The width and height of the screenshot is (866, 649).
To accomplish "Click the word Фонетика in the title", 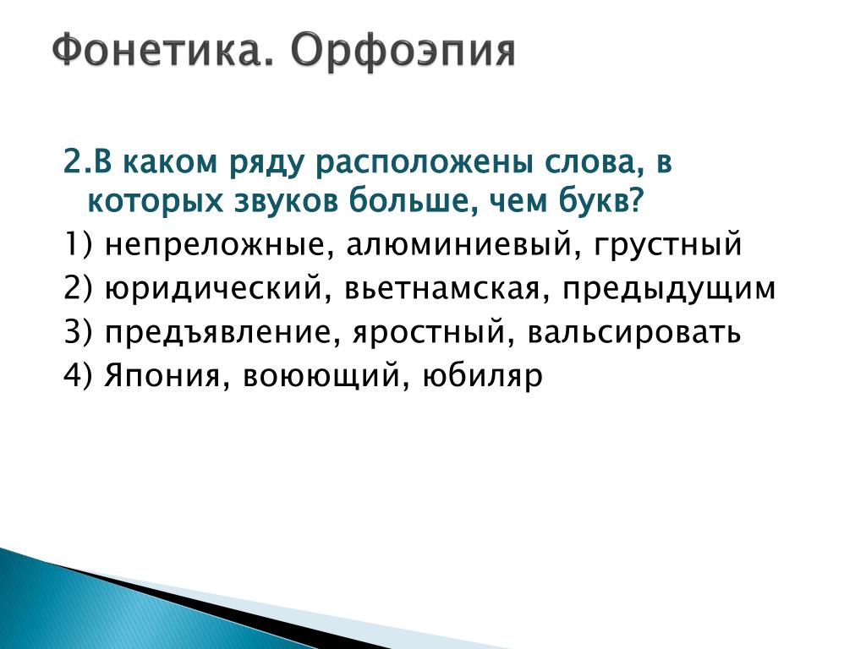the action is point(163,52).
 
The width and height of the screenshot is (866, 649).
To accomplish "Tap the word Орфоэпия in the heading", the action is point(403,52).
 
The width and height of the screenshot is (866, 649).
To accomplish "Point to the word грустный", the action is point(668,245).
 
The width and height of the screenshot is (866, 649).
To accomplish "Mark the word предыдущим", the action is point(669,289).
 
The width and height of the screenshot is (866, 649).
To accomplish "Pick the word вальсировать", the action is point(634,332).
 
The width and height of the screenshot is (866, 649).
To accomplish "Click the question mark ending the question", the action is point(637,201).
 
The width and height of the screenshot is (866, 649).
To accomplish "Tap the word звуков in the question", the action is point(287,202).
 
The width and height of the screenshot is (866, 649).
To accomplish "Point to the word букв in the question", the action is point(595,201).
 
